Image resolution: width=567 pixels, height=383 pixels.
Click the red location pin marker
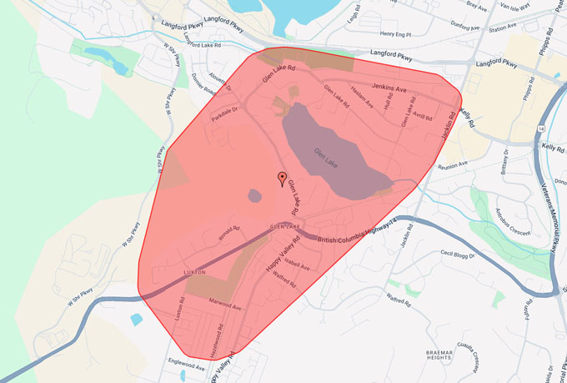[x=282, y=177]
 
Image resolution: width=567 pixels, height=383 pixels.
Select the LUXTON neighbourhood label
[x=193, y=273]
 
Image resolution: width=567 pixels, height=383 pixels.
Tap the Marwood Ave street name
[x=223, y=306]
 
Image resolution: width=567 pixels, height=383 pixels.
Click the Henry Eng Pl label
[x=397, y=34]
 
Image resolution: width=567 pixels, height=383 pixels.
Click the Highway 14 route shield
[x=541, y=131]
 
